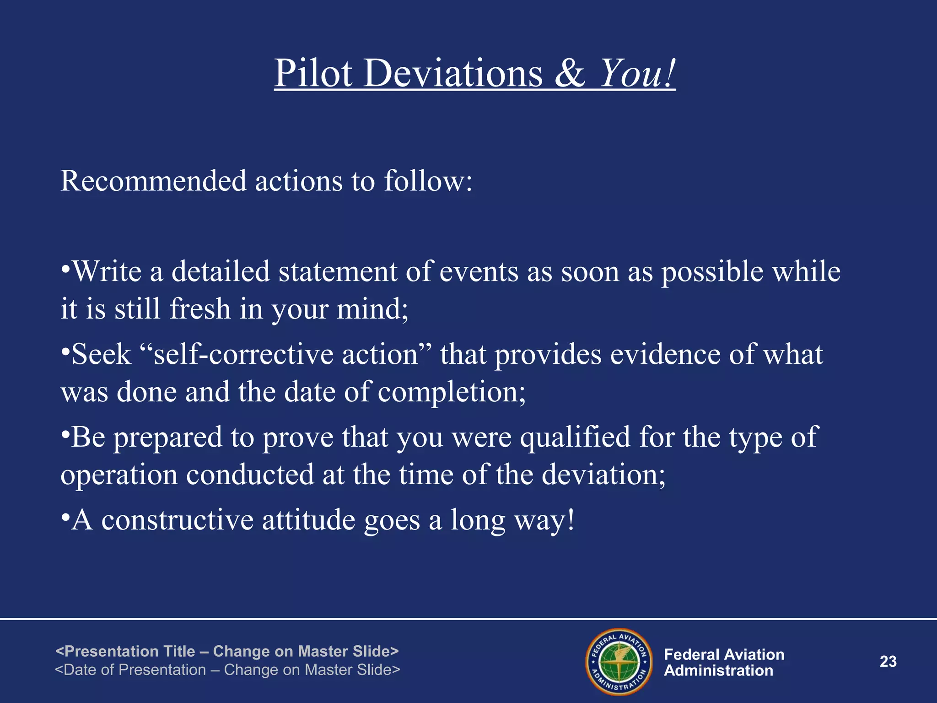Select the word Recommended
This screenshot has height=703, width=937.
point(154,181)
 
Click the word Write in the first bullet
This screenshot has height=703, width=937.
point(107,271)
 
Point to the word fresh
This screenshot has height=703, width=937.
point(200,308)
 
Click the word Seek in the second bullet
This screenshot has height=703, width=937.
point(102,354)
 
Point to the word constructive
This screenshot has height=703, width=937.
point(177,520)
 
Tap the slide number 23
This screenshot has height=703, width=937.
point(888,661)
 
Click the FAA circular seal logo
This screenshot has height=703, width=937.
point(619,662)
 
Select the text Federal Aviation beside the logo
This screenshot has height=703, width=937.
point(724,654)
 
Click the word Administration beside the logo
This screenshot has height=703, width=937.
point(718,671)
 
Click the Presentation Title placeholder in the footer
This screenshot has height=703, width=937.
point(227,651)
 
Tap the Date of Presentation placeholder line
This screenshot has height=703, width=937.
point(227,670)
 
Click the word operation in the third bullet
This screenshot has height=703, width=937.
point(119,475)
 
